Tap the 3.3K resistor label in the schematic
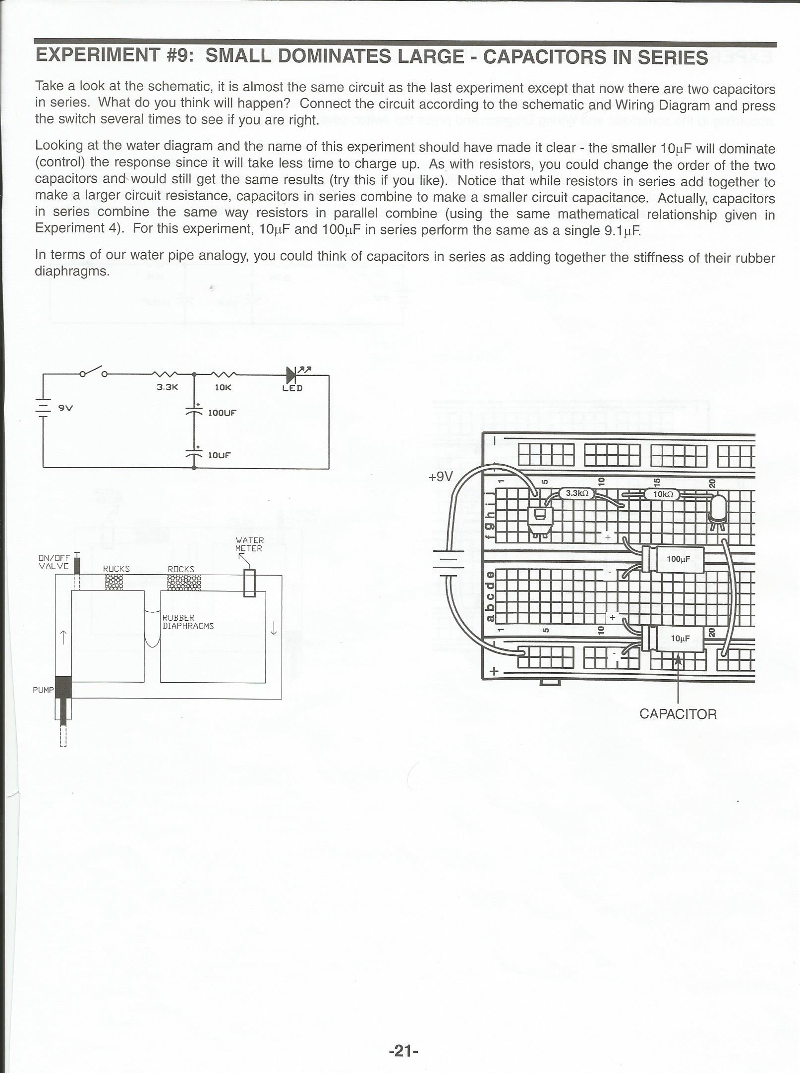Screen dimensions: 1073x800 (167, 387)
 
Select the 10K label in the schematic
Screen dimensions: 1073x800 (223, 387)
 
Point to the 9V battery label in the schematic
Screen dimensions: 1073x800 (65, 408)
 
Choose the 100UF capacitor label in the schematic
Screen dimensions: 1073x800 (222, 412)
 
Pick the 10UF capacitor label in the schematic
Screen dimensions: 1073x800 (219, 455)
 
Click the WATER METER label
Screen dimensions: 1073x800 (249, 544)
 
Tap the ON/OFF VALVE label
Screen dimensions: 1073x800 (55, 562)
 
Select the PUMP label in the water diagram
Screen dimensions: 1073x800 (43, 690)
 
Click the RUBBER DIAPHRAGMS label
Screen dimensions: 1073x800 (188, 622)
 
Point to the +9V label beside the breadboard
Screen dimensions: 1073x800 (441, 477)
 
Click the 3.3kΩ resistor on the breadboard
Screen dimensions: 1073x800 (576, 493)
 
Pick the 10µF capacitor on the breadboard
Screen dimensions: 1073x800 (674, 638)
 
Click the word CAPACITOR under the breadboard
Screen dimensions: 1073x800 (678, 714)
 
